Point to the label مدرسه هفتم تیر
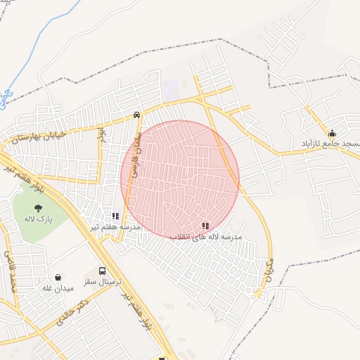pos(115,227)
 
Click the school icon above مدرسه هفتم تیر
pos(115,216)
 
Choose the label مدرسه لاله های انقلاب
pos(206,237)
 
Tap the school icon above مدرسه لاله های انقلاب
pos(205,226)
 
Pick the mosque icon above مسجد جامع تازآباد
pos(332,132)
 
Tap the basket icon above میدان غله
pos(58,278)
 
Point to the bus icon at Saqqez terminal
pos(103,270)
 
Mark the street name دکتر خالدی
pos(73,313)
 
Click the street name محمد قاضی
pos(9,271)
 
